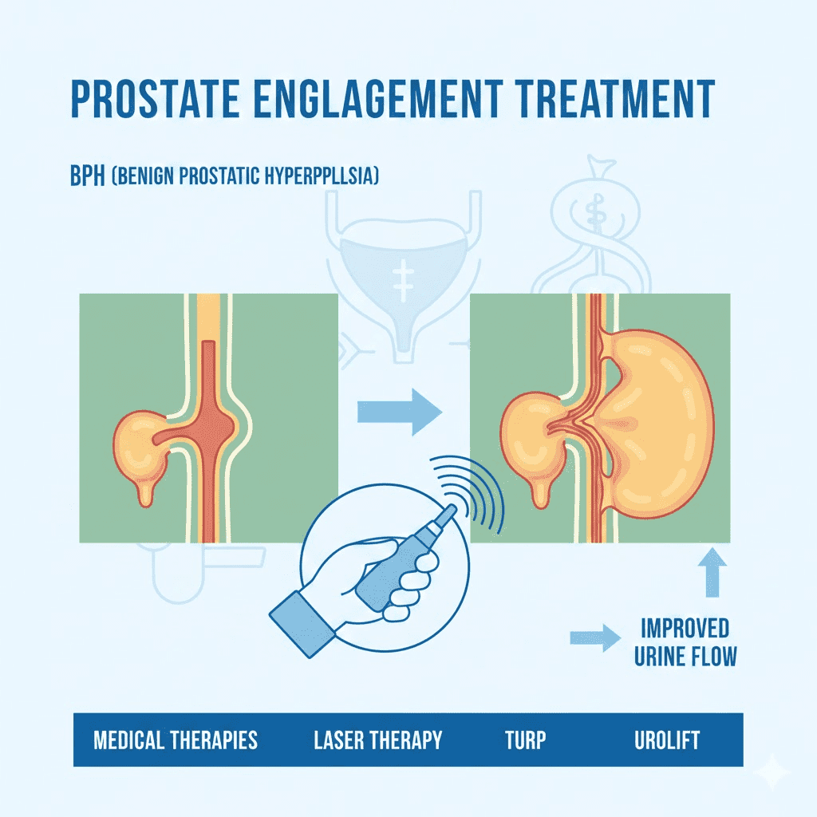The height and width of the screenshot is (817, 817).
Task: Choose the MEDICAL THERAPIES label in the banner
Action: pos(176,740)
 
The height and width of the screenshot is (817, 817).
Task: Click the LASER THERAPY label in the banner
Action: pos(377,740)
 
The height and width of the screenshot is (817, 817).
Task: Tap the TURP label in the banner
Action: pos(525,740)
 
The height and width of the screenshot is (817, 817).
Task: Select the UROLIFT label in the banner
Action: pos(667,740)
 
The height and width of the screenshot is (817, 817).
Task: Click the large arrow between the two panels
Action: pos(399,412)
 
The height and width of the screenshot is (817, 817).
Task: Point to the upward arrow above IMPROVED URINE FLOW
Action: pos(712,572)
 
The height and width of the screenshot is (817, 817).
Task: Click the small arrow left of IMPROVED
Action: pos(594,637)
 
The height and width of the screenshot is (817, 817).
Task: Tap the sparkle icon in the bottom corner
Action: pos(773,772)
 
